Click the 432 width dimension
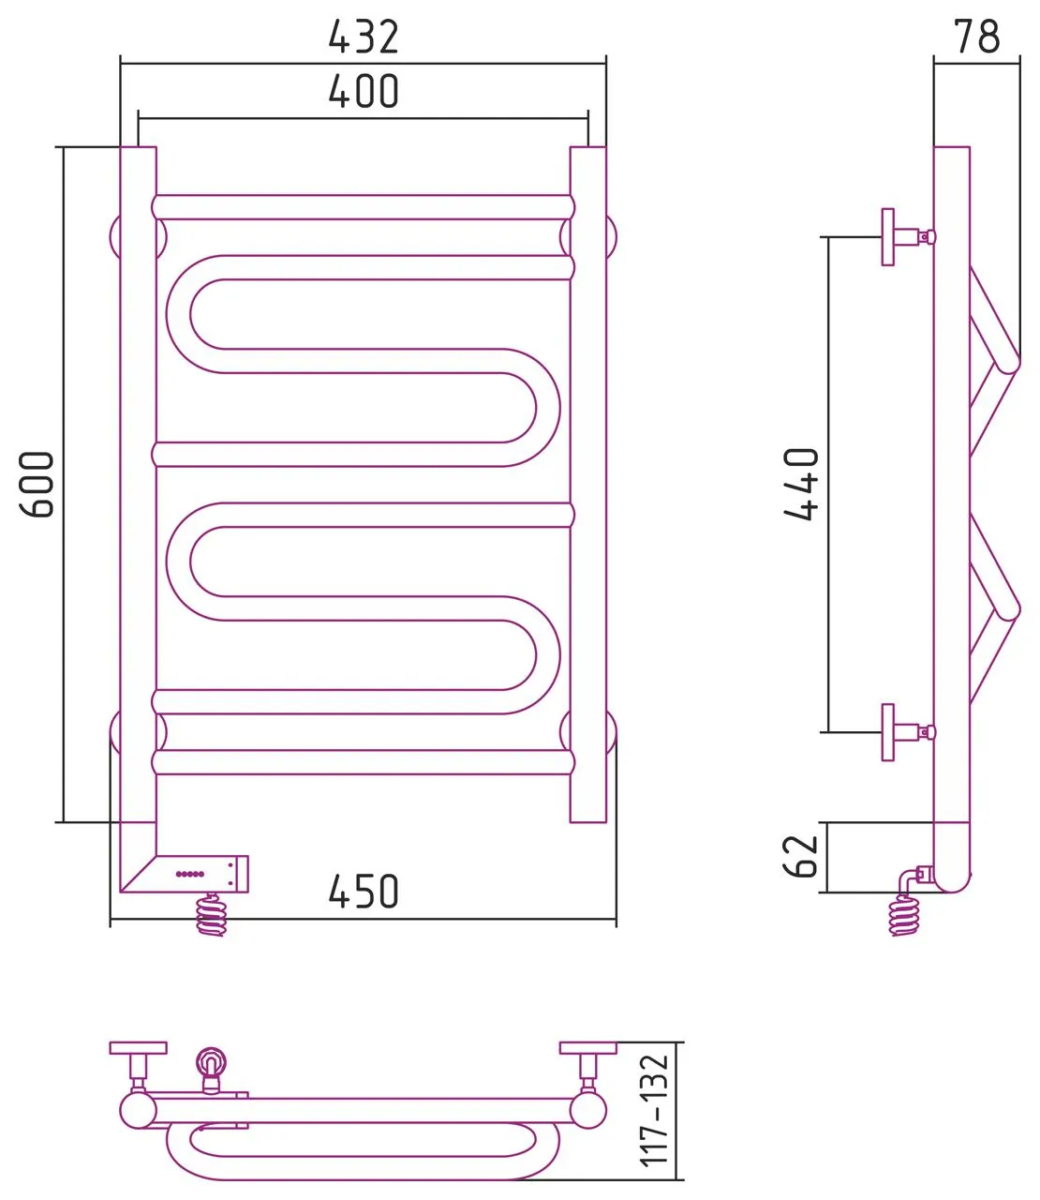[364, 37]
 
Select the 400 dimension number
[364, 91]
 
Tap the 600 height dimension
[37, 484]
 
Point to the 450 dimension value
[364, 892]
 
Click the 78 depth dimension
[977, 36]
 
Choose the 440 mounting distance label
[801, 484]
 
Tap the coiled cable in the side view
[903, 916]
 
